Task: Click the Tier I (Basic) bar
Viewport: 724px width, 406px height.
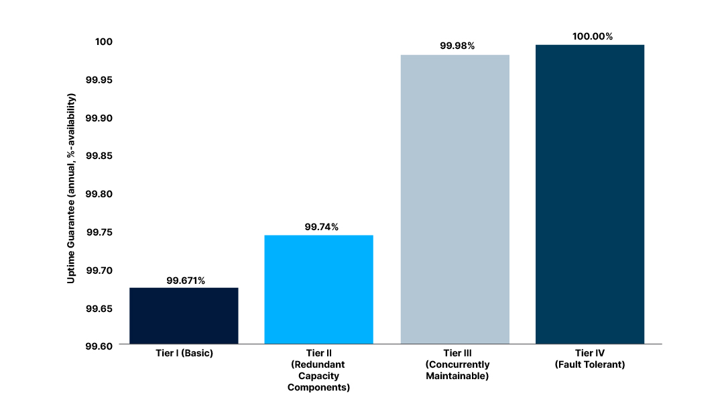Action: click(184, 315)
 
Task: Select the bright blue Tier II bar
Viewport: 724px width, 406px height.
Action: click(318, 289)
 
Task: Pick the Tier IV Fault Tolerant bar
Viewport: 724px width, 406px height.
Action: click(589, 194)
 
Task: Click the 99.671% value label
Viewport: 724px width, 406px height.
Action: click(186, 281)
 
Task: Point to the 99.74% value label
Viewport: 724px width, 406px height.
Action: click(321, 227)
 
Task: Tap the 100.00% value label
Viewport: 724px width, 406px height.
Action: click(592, 36)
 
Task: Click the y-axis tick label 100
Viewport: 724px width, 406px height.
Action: click(103, 42)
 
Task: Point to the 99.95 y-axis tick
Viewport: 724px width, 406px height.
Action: click(99, 80)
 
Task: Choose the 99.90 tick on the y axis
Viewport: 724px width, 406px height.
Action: click(99, 118)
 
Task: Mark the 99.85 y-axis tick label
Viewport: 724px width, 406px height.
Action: click(99, 156)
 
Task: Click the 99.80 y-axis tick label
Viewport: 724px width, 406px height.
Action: click(99, 194)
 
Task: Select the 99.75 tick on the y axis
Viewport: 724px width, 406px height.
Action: click(99, 232)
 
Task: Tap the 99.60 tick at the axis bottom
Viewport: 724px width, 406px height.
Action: click(99, 346)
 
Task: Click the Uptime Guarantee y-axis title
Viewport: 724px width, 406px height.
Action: click(71, 188)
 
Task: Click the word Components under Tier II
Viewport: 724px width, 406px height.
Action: click(318, 387)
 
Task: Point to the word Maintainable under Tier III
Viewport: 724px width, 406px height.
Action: click(457, 376)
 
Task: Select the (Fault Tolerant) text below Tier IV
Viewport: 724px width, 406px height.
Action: click(589, 364)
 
